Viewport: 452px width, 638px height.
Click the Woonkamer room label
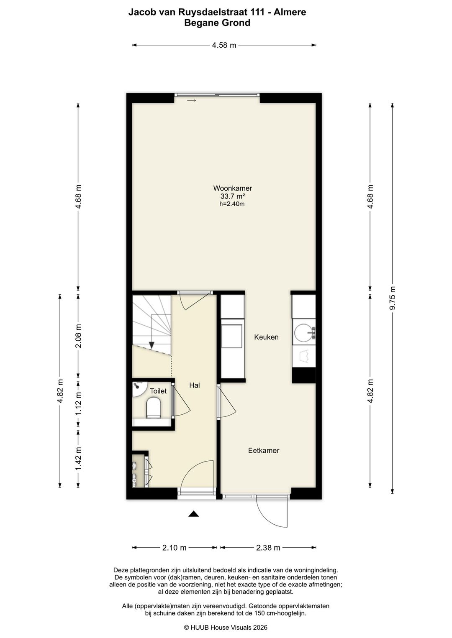pos(232,188)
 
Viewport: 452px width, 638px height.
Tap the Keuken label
pos(266,337)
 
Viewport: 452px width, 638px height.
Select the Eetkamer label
pos(264,451)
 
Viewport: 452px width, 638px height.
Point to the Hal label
pos(195,385)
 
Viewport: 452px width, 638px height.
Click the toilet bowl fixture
pos(154,408)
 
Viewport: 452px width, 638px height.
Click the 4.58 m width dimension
pos(224,45)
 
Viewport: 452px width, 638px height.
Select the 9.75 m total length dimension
pos(393,298)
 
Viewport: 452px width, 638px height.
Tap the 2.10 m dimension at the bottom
pos(174,548)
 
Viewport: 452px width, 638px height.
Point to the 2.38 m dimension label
pos(268,548)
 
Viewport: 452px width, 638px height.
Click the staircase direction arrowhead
pos(152,345)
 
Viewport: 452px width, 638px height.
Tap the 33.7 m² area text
pos(233,196)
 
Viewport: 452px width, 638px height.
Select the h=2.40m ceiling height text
pos(232,204)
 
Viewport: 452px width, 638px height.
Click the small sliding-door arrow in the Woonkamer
pos(191,100)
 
